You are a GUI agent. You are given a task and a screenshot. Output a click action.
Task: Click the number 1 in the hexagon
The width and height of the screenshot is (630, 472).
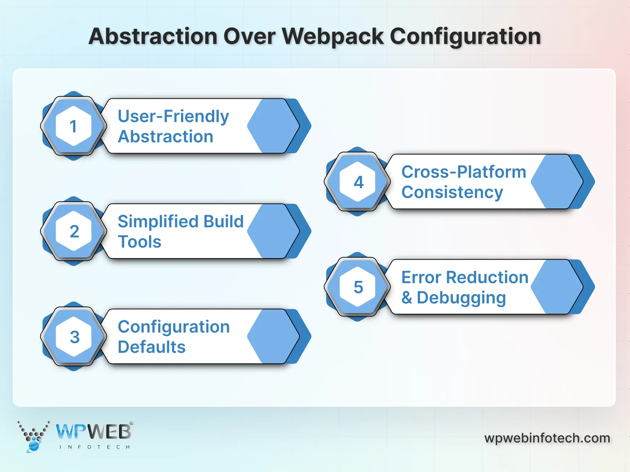pyautogui.click(x=73, y=126)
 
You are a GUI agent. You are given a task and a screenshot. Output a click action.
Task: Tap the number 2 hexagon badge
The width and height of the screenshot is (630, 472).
pyautogui.click(x=74, y=231)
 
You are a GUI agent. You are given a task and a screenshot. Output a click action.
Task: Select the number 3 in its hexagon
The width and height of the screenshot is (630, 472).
pyautogui.click(x=74, y=337)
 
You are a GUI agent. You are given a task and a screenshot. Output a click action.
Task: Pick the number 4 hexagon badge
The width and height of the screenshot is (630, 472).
pyautogui.click(x=358, y=182)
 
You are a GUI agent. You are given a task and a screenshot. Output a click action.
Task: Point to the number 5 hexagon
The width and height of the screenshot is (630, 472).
pyautogui.click(x=358, y=287)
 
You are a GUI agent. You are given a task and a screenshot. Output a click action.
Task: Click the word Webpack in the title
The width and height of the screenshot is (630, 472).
pyautogui.click(x=332, y=37)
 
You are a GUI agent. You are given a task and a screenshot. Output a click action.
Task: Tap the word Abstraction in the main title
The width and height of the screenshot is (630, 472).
pyautogui.click(x=153, y=37)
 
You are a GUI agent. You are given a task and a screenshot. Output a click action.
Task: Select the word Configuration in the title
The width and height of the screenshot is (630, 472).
pyautogui.click(x=465, y=37)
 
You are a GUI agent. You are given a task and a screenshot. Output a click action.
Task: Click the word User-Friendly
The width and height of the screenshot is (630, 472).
pyautogui.click(x=173, y=117)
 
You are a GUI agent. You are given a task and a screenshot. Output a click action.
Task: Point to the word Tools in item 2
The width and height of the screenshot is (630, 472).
pyautogui.click(x=139, y=242)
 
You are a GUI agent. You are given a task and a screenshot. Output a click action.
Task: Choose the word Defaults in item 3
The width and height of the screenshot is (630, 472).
pyautogui.click(x=151, y=347)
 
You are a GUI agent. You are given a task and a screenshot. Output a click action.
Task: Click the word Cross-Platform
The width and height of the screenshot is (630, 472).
pyautogui.click(x=463, y=172)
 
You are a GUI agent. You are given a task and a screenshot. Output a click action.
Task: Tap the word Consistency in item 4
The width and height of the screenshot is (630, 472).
pyautogui.click(x=452, y=192)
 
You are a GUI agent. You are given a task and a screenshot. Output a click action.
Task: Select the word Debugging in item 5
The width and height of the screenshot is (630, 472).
pyautogui.click(x=461, y=298)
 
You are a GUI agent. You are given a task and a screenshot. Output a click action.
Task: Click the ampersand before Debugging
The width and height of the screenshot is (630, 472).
pyautogui.click(x=407, y=298)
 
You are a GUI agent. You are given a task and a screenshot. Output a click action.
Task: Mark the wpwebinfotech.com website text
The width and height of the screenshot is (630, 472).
pyautogui.click(x=547, y=438)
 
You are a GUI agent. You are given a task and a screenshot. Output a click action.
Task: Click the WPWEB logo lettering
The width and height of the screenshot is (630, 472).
pyautogui.click(x=93, y=431)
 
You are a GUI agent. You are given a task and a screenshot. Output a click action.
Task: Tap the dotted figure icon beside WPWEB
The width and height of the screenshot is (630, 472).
pyautogui.click(x=33, y=436)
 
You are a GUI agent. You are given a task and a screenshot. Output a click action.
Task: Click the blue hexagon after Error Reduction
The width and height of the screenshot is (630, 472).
pyautogui.click(x=556, y=287)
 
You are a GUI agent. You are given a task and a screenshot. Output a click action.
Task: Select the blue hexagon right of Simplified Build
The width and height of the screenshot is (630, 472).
pyautogui.click(x=273, y=231)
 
